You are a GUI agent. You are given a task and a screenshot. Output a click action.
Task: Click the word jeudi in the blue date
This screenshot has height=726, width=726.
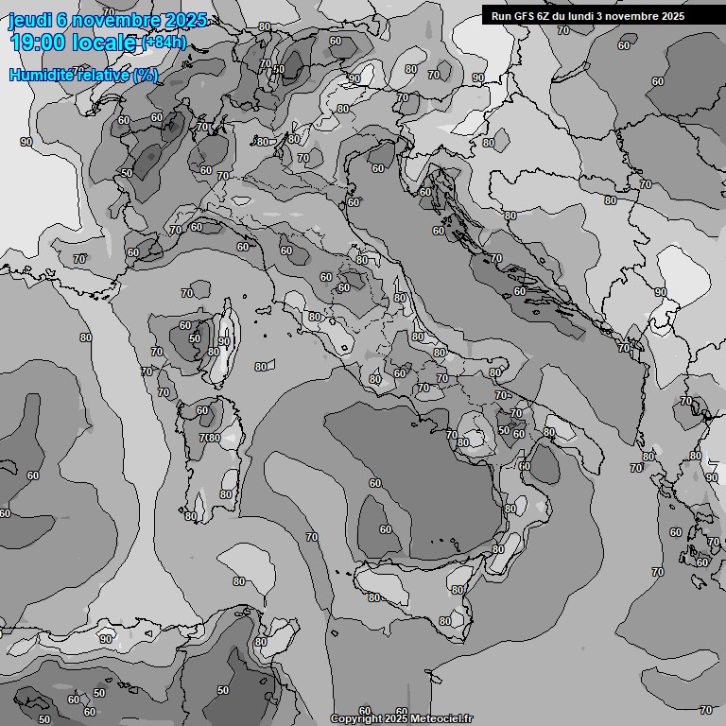[29, 21]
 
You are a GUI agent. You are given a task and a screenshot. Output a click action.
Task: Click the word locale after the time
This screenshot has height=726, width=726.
[107, 43]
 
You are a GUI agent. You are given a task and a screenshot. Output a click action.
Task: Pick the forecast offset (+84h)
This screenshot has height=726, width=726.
[164, 43]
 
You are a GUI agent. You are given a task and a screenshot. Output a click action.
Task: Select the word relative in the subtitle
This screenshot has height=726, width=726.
[98, 75]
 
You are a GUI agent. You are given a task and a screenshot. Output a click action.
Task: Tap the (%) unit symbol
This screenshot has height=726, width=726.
[145, 75]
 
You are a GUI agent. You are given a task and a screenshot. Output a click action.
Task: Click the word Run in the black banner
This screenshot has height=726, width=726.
[502, 16]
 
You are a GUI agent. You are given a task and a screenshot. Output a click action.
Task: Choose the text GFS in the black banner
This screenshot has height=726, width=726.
[526, 16]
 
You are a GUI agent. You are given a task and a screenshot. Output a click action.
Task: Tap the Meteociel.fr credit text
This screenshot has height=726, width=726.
[441, 718]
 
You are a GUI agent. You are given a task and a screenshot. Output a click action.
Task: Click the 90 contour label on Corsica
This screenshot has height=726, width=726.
[224, 341]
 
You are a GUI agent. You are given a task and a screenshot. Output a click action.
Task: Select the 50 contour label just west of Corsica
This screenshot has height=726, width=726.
[195, 338]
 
